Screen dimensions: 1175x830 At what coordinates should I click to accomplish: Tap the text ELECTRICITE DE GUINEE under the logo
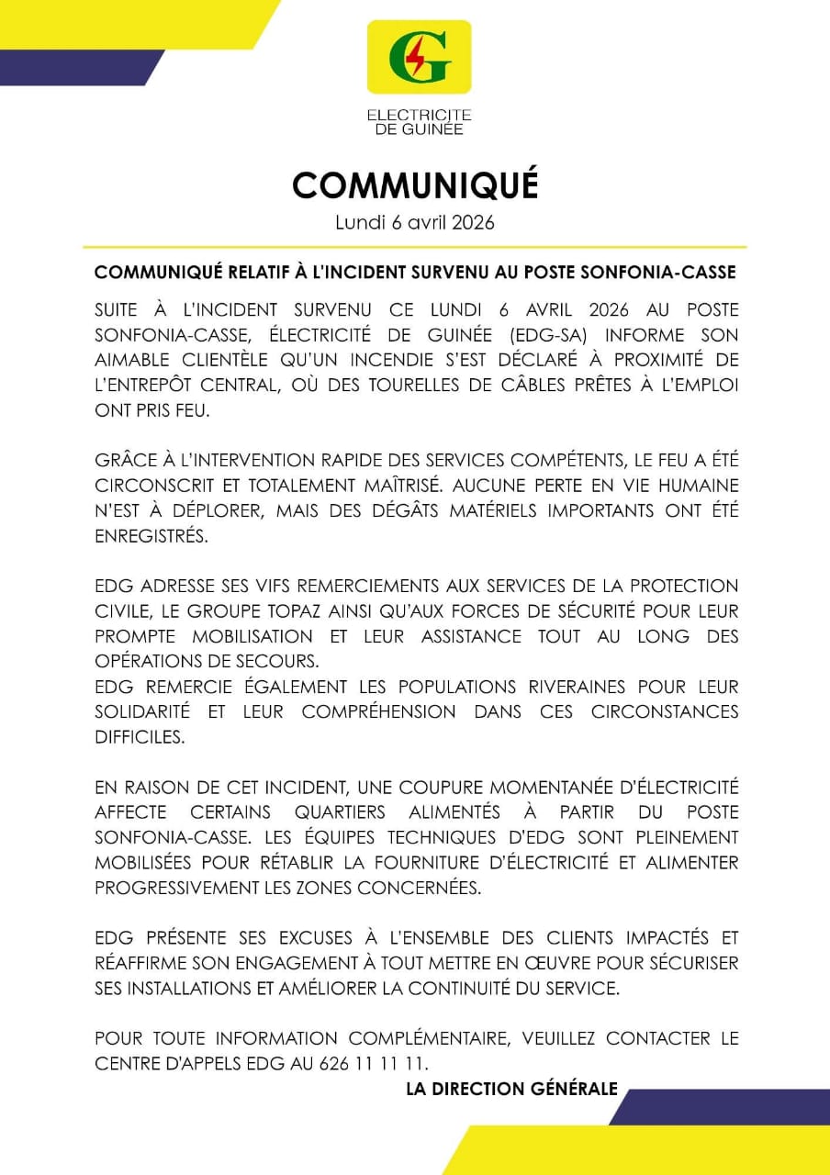419,122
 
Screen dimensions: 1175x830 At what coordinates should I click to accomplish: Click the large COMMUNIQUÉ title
415,185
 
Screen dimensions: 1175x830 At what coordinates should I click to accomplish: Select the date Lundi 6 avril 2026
415,222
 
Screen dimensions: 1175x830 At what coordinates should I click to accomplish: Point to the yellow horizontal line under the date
415,247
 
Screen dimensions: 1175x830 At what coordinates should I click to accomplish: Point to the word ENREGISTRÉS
151,536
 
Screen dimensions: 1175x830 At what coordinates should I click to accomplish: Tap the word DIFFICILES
140,737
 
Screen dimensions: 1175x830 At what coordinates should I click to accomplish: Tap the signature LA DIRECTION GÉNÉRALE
511,1089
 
